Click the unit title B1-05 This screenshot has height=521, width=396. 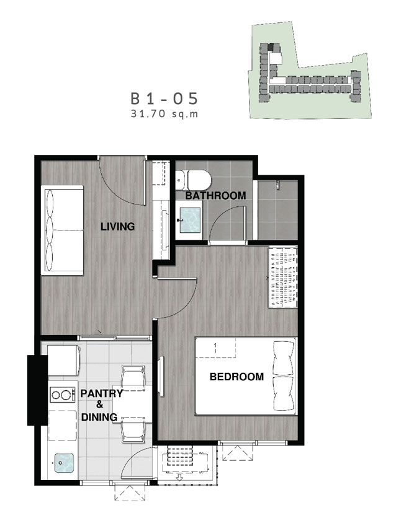(x=164, y=99)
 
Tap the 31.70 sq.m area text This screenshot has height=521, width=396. (x=164, y=114)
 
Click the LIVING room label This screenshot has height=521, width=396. (x=118, y=227)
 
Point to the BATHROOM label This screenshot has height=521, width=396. (x=215, y=195)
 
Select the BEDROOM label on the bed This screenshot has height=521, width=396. (x=236, y=377)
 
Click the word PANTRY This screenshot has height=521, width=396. (x=102, y=393)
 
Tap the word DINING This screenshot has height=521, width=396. (x=99, y=417)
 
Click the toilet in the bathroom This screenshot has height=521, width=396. (x=193, y=180)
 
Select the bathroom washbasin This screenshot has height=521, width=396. (x=190, y=220)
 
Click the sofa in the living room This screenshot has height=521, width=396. (x=62, y=230)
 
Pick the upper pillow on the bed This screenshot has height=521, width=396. (x=284, y=358)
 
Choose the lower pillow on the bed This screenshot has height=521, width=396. (x=284, y=394)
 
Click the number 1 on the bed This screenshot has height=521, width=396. (x=215, y=348)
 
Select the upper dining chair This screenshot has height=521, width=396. (x=133, y=377)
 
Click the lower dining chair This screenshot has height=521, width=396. (x=133, y=430)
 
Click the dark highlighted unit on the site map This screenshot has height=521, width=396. (x=271, y=47)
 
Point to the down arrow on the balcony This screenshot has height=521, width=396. (x=180, y=478)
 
